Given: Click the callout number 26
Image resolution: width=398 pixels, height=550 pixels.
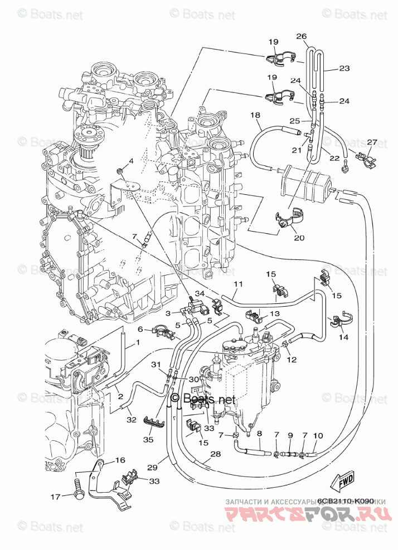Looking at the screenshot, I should (302, 37).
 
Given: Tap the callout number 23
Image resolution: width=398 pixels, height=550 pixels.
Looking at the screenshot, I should (344, 68).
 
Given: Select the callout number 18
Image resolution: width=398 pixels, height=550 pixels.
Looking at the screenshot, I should (255, 115).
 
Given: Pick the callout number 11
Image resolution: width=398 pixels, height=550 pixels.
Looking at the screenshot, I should (239, 284).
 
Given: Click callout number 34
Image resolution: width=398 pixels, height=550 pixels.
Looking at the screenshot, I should (200, 293).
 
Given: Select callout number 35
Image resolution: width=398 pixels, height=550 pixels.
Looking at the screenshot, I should (148, 439).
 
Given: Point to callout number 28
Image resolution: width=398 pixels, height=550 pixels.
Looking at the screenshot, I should (215, 454).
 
